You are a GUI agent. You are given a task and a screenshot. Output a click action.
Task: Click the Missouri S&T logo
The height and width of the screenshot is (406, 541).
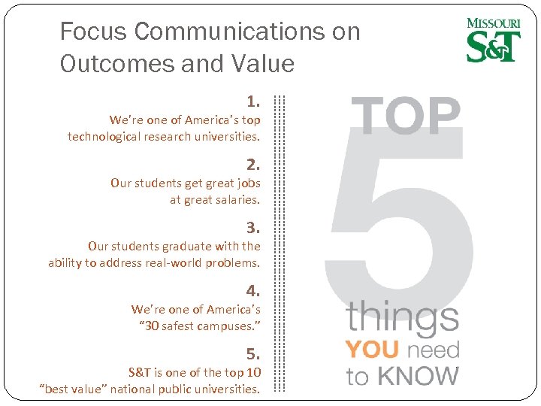[x=494, y=40]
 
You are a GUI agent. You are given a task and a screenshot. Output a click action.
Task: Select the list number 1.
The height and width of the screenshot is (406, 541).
[x=253, y=101]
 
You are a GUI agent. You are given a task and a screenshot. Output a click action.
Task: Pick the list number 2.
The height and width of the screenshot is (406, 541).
[x=253, y=164]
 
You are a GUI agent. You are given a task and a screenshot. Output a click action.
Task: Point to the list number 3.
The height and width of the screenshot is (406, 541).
[x=253, y=227]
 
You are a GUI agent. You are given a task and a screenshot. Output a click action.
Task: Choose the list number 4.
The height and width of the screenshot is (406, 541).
[x=253, y=290]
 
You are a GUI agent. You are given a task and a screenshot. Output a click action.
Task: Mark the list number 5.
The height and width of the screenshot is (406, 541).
[x=253, y=353]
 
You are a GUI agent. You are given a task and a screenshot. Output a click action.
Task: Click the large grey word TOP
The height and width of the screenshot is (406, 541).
[x=407, y=117]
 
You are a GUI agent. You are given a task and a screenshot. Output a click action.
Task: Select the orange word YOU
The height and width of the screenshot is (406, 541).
[x=372, y=350]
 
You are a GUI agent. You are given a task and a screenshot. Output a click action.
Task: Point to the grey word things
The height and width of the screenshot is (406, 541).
[x=402, y=318]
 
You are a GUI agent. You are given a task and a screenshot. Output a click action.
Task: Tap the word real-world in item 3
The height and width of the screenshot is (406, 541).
[x=172, y=263]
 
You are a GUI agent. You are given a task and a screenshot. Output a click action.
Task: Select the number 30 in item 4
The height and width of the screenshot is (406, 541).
[x=153, y=326]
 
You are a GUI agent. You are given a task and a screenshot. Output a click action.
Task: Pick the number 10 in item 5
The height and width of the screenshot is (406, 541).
[x=253, y=373]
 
